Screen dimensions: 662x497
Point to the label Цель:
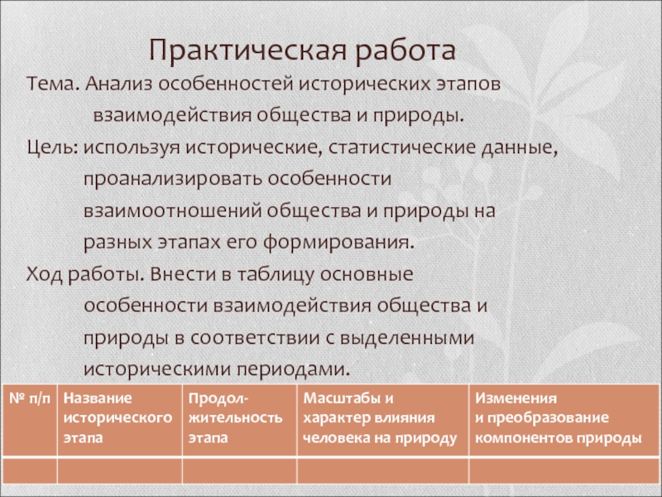pyautogui.click(x=52, y=148)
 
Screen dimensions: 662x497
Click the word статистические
pyautogui.click(x=401, y=148)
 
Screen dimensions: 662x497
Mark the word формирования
pyautogui.click(x=338, y=243)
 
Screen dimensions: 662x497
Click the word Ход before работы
pyautogui.click(x=45, y=274)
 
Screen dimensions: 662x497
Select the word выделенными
pyautogui.click(x=407, y=338)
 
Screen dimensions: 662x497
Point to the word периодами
pyautogui.click(x=293, y=369)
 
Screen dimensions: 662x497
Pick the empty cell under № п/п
pyautogui.click(x=30, y=470)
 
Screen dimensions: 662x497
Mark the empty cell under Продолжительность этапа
pyautogui.click(x=240, y=470)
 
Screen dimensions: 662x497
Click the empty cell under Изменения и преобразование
pyautogui.click(x=564, y=470)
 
